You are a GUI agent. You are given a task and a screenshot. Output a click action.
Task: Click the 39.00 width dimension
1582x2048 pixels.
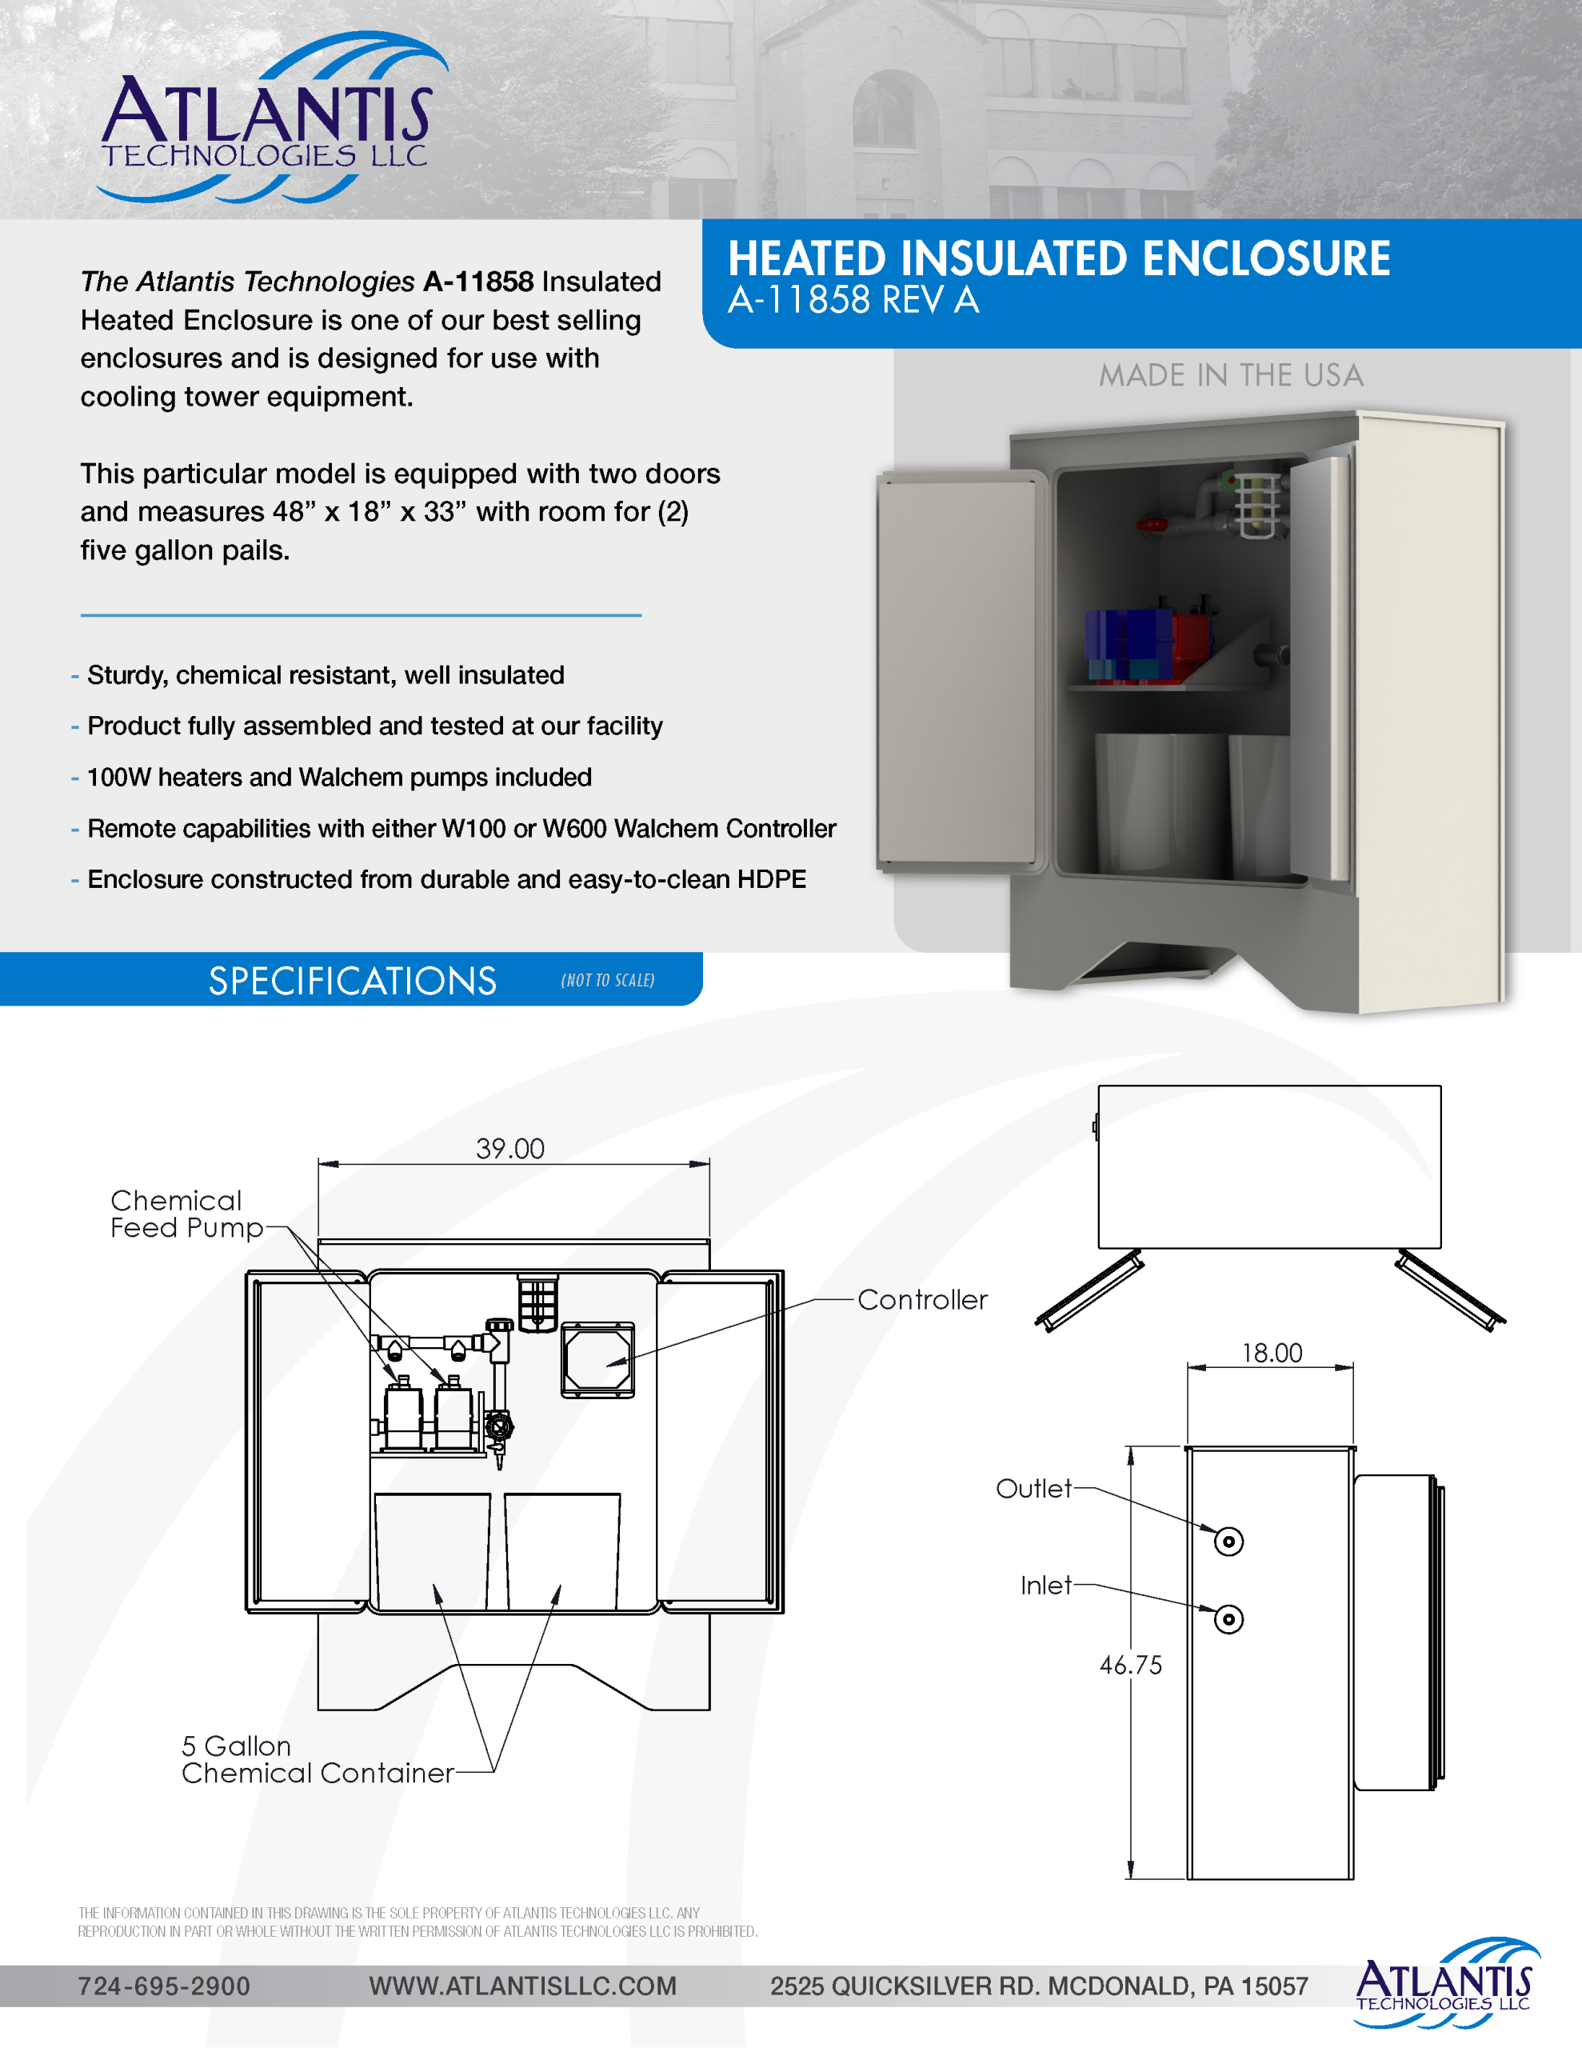pos(510,1149)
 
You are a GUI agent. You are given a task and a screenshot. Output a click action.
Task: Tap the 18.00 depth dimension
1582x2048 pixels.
pos(1272,1352)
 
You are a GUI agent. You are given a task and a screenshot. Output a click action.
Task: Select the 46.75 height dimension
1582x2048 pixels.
pos(1131,1665)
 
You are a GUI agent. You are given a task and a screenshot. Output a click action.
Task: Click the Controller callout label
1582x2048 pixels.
pos(923,1300)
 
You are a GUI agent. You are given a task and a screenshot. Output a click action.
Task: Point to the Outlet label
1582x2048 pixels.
pos(1033,1488)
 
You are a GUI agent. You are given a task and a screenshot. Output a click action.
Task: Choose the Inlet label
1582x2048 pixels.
pos(1045,1585)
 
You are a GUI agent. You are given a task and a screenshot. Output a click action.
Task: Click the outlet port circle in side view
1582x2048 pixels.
pos(1228,1542)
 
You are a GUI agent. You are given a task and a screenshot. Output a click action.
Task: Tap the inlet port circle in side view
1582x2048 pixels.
pos(1228,1619)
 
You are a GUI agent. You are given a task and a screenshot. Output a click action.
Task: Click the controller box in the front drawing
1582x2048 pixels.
pos(597,1360)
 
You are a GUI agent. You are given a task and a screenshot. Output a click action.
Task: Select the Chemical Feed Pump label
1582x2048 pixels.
pos(186,1214)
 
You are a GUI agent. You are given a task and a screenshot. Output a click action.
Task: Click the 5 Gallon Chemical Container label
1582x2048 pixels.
pos(317,1759)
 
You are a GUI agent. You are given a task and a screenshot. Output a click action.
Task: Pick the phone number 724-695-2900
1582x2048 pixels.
pos(164,1986)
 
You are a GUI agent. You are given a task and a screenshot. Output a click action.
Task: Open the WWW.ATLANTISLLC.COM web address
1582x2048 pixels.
pos(522,1986)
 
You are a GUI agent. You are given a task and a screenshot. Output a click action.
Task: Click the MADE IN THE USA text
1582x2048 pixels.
pos(1231,375)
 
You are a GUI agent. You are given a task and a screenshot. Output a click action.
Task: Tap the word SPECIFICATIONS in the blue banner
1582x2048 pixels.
pos(353,981)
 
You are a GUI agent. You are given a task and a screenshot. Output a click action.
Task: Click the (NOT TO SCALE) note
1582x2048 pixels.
pos(608,981)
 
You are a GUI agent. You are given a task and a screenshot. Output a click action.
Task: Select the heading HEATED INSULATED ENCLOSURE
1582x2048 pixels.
pos(1059,259)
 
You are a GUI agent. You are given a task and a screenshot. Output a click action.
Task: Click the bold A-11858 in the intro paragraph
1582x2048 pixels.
pos(478,282)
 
